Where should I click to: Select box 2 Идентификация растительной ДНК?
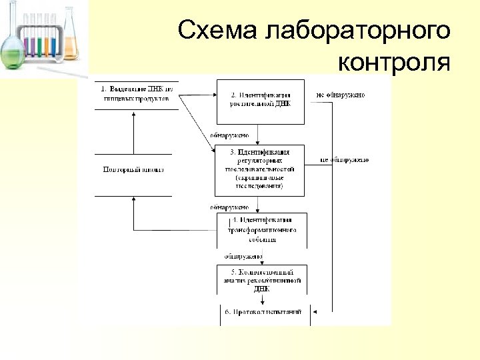tap(261, 100)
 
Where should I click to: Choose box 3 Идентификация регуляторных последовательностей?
tap(261, 170)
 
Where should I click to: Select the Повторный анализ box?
tap(133, 170)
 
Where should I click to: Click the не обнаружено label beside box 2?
tap(340, 95)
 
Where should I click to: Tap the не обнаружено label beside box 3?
tap(344, 160)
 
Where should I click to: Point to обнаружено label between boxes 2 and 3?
tap(229, 135)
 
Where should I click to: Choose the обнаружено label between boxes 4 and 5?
tap(243, 256)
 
